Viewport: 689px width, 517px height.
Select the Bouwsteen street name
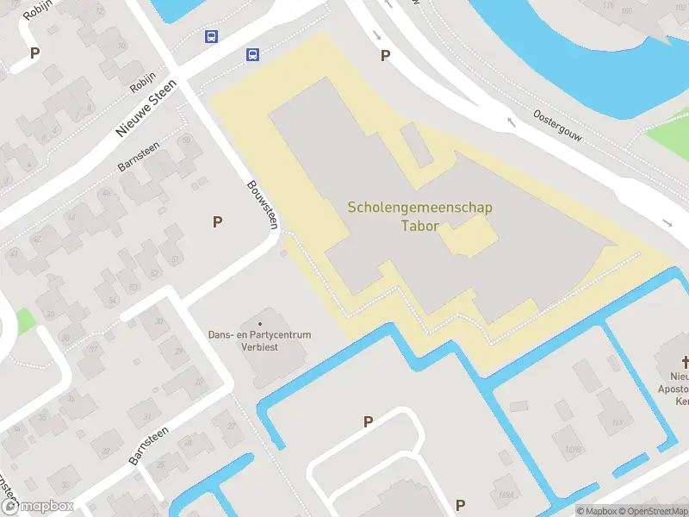(x=263, y=203)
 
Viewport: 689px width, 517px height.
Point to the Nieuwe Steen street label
(x=146, y=108)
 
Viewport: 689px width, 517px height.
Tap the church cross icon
(x=686, y=362)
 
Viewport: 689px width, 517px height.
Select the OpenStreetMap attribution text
(x=650, y=511)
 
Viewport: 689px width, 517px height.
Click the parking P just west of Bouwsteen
(x=218, y=221)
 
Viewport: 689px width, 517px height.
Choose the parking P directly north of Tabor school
(x=385, y=55)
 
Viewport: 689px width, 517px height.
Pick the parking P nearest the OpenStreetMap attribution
(x=460, y=505)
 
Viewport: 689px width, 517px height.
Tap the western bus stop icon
(x=211, y=37)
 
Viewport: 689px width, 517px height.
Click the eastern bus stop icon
(x=252, y=54)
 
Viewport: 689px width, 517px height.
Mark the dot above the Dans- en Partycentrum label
(x=259, y=324)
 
